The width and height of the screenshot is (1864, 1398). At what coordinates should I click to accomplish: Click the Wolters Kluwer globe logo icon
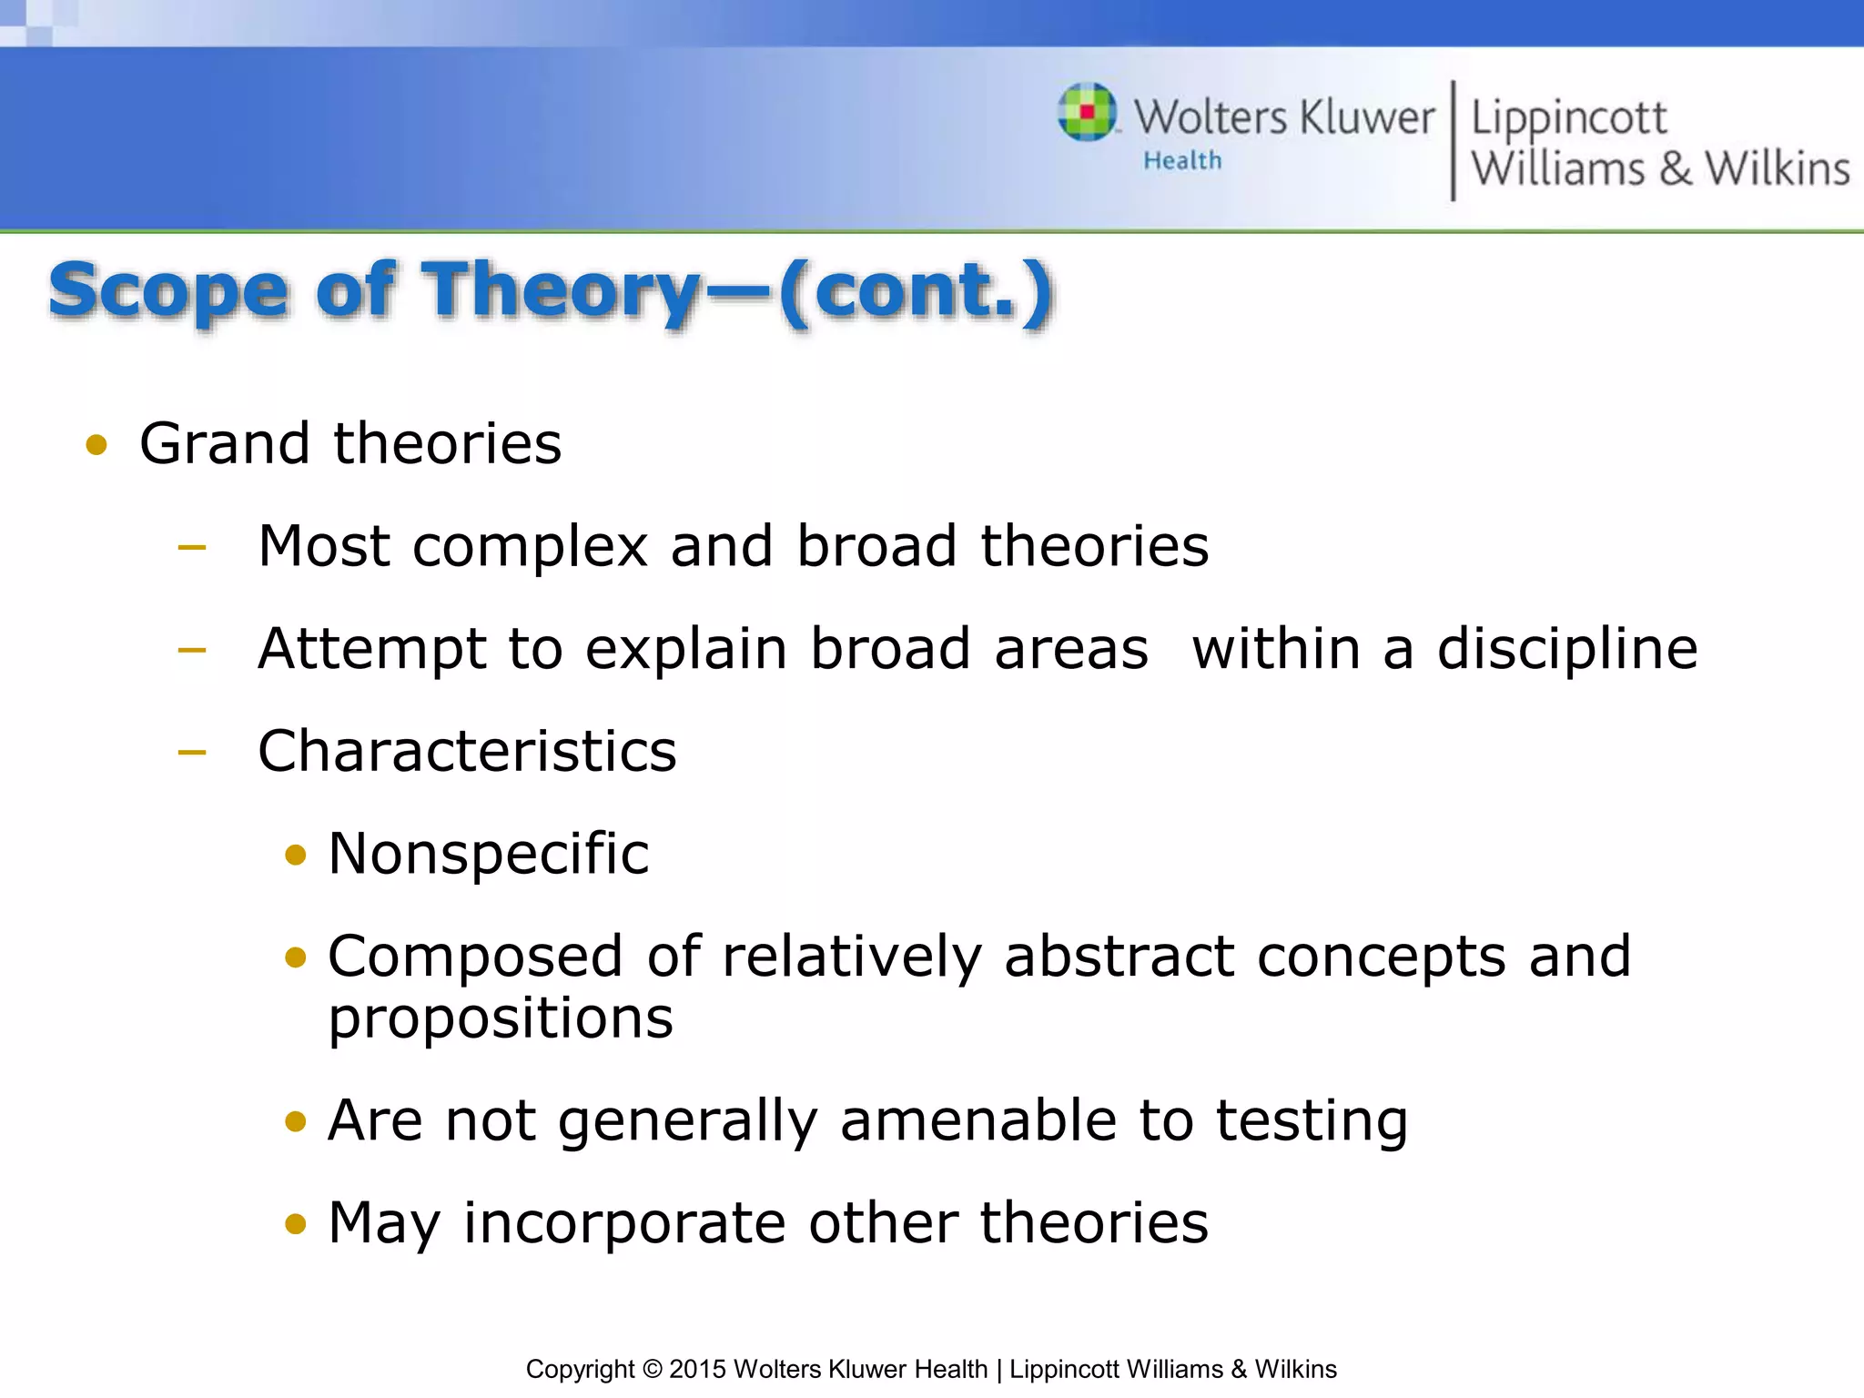pyautogui.click(x=1087, y=112)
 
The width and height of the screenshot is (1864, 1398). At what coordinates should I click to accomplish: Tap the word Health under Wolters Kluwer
pyautogui.click(x=1182, y=161)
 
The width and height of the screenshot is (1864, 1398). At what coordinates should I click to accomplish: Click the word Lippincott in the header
pyautogui.click(x=1568, y=118)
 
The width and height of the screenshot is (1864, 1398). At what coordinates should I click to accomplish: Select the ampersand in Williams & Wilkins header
pyautogui.click(x=1675, y=169)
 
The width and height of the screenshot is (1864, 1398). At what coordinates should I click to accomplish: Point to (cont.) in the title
pyautogui.click(x=916, y=291)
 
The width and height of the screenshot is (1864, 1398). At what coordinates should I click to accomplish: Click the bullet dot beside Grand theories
pyautogui.click(x=96, y=446)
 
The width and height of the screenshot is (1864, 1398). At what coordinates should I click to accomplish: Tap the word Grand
pyautogui.click(x=225, y=444)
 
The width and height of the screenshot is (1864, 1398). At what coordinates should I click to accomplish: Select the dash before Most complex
pyautogui.click(x=192, y=548)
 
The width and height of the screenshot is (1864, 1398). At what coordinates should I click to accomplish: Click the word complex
pyautogui.click(x=530, y=548)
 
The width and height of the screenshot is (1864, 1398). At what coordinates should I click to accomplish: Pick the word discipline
pyautogui.click(x=1566, y=650)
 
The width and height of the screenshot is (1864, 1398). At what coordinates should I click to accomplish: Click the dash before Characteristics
pyautogui.click(x=192, y=753)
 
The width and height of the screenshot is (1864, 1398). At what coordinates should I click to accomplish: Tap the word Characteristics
pyautogui.click(x=467, y=752)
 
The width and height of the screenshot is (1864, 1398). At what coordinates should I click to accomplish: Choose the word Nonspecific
pyautogui.click(x=489, y=855)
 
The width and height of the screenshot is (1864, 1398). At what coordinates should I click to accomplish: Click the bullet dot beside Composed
pyautogui.click(x=295, y=958)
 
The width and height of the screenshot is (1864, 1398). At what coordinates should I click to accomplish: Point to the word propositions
pyautogui.click(x=501, y=1019)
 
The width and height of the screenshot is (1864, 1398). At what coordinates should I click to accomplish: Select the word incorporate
pyautogui.click(x=624, y=1223)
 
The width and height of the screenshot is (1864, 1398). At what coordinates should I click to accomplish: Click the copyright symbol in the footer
pyautogui.click(x=652, y=1369)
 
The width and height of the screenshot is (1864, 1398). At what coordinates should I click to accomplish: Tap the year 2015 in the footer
pyautogui.click(x=698, y=1369)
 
